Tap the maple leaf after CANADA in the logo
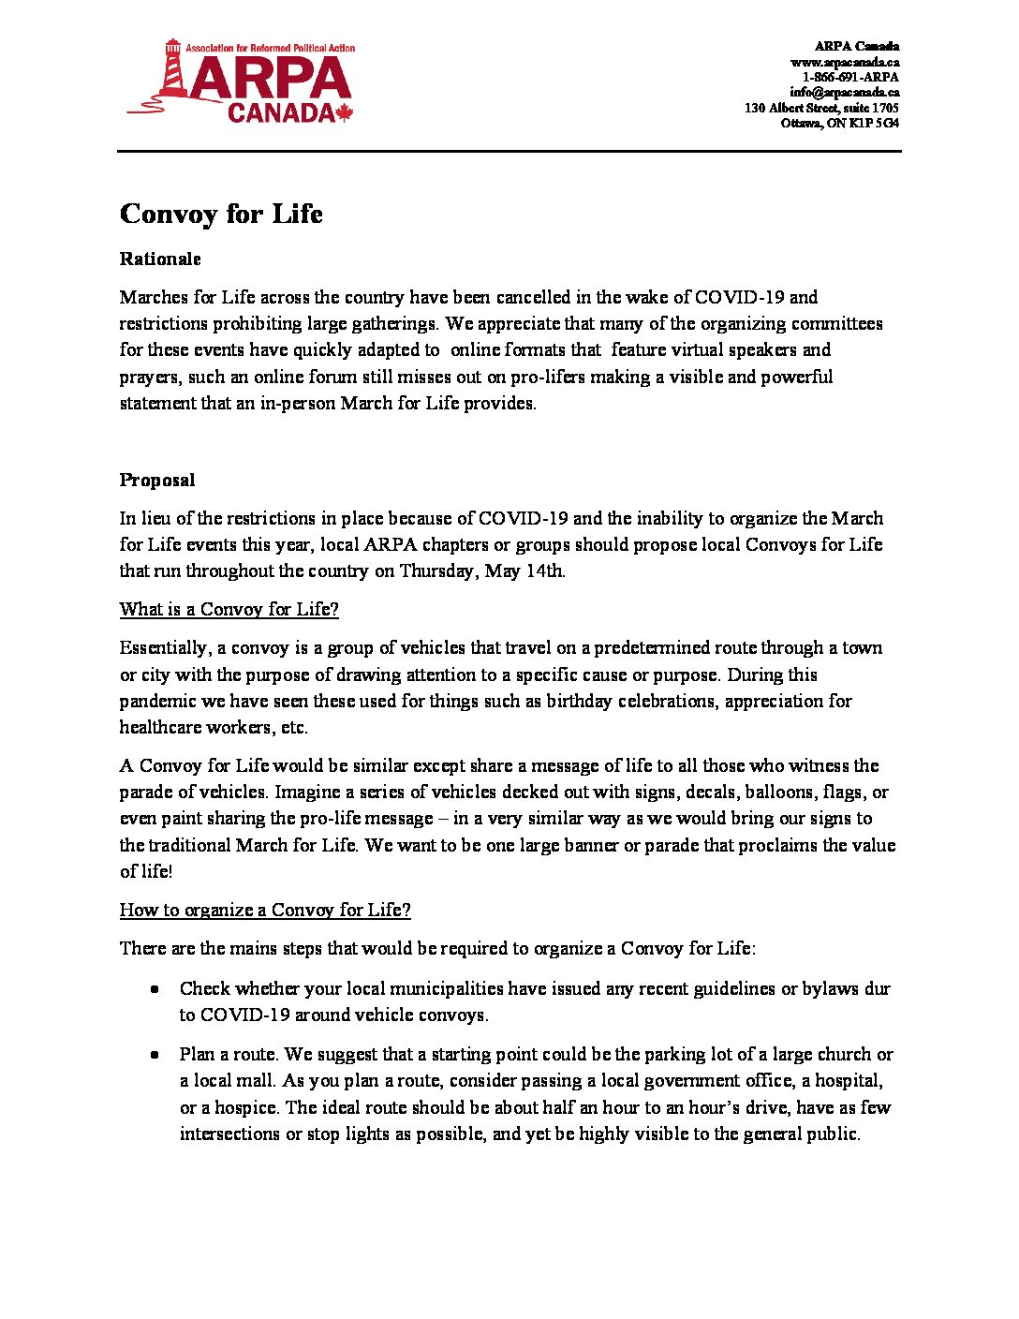(x=344, y=113)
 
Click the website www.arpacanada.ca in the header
(x=845, y=62)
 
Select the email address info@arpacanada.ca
(x=844, y=92)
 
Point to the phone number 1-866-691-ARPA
(x=850, y=77)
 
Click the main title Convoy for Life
(x=221, y=215)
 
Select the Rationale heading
(x=160, y=259)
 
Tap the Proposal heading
(x=157, y=481)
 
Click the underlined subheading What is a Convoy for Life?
(x=229, y=610)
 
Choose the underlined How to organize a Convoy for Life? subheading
(x=265, y=911)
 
